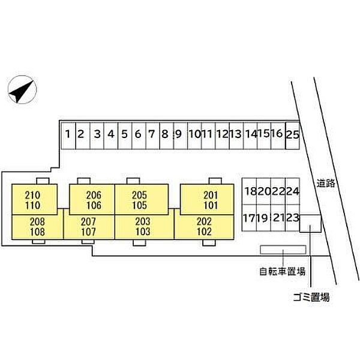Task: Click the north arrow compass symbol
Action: tap(22, 89)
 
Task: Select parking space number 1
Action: tap(68, 136)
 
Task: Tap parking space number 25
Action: tap(293, 136)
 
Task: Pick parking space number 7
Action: tap(152, 136)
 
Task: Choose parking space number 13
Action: tap(236, 136)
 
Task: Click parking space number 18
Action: tap(250, 191)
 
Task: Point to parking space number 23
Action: tap(293, 218)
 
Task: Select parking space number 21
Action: tap(278, 218)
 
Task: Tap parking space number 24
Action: tap(293, 191)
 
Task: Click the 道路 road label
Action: tap(326, 183)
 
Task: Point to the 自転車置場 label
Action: tap(283, 272)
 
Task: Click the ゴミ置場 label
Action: tap(311, 298)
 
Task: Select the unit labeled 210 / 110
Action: tap(34, 200)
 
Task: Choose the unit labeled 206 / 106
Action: tap(92, 200)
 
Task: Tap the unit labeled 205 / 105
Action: tap(142, 200)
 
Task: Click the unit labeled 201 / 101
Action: tap(207, 200)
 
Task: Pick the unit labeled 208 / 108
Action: tap(37, 227)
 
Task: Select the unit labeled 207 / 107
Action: tap(89, 227)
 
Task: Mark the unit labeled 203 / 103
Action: tap(145, 227)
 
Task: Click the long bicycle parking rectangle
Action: tap(283, 250)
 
